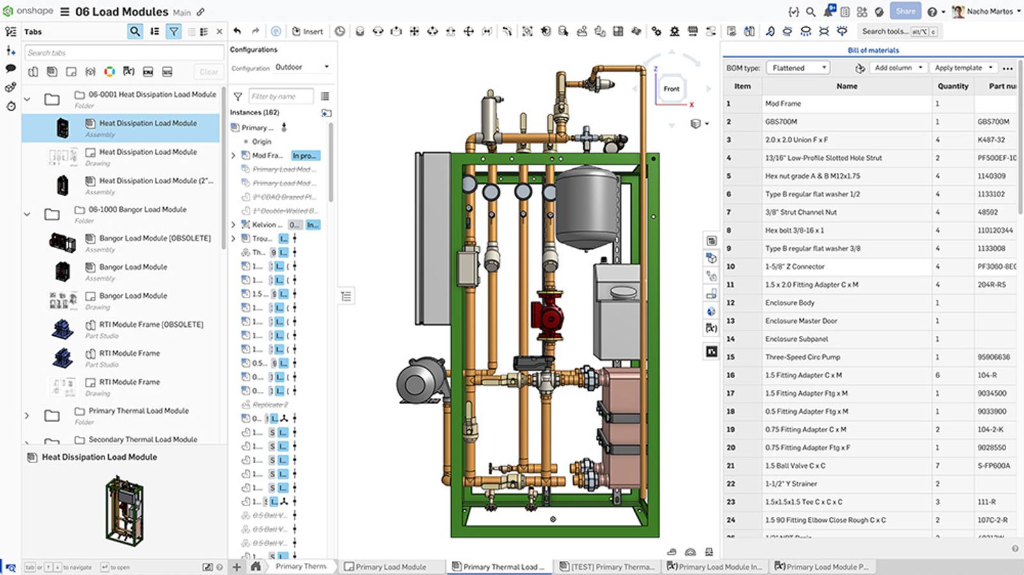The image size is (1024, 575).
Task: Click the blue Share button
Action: pyautogui.click(x=905, y=11)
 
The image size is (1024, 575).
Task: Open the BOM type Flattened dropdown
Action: pyautogui.click(x=797, y=68)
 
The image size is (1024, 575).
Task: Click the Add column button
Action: pyautogui.click(x=898, y=68)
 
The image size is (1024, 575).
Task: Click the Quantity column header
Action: pyautogui.click(x=952, y=86)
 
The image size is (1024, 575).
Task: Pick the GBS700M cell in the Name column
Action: pyautogui.click(x=781, y=122)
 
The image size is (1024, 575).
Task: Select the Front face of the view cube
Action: pyautogui.click(x=671, y=89)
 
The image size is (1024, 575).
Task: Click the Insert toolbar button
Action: pyautogui.click(x=308, y=31)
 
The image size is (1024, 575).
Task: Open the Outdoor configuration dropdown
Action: pyautogui.click(x=302, y=67)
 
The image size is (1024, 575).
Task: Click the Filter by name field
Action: pyautogui.click(x=280, y=97)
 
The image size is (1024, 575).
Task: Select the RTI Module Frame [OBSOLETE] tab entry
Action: pyautogui.click(x=151, y=324)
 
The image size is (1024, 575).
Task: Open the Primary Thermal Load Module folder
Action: pyautogui.click(x=138, y=411)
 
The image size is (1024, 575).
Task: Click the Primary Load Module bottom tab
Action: pyautogui.click(x=390, y=567)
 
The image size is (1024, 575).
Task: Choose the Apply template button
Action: pyautogui.click(x=963, y=68)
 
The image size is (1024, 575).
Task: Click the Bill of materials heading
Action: pyautogui.click(x=873, y=50)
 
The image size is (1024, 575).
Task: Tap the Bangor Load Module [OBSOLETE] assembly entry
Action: pyautogui.click(x=154, y=238)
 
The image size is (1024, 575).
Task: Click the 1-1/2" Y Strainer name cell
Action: pyautogui.click(x=791, y=484)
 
